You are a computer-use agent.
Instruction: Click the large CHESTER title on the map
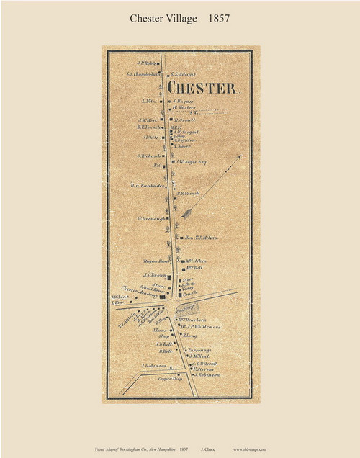pyautogui.click(x=203, y=88)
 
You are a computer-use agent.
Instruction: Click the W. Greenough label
pyautogui.click(x=151, y=218)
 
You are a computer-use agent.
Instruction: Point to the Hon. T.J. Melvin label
pyautogui.click(x=202, y=238)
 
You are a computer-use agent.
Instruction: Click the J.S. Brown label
pyautogui.click(x=155, y=275)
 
